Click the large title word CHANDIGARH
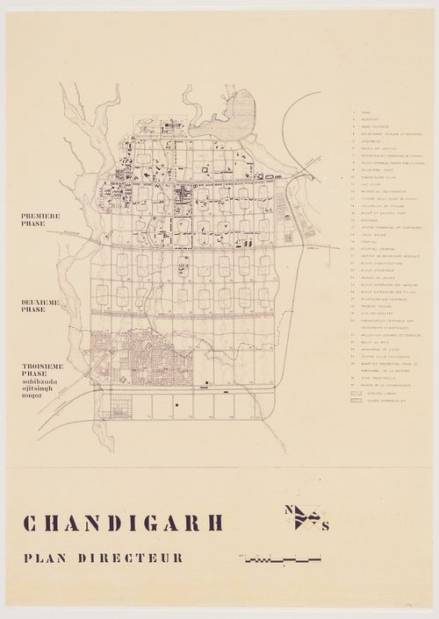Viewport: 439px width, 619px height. [123, 523]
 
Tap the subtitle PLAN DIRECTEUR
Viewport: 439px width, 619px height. [104, 558]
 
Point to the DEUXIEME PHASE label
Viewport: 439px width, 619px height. [41, 306]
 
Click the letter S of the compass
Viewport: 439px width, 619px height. [326, 526]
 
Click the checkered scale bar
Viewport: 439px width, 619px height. [283, 558]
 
